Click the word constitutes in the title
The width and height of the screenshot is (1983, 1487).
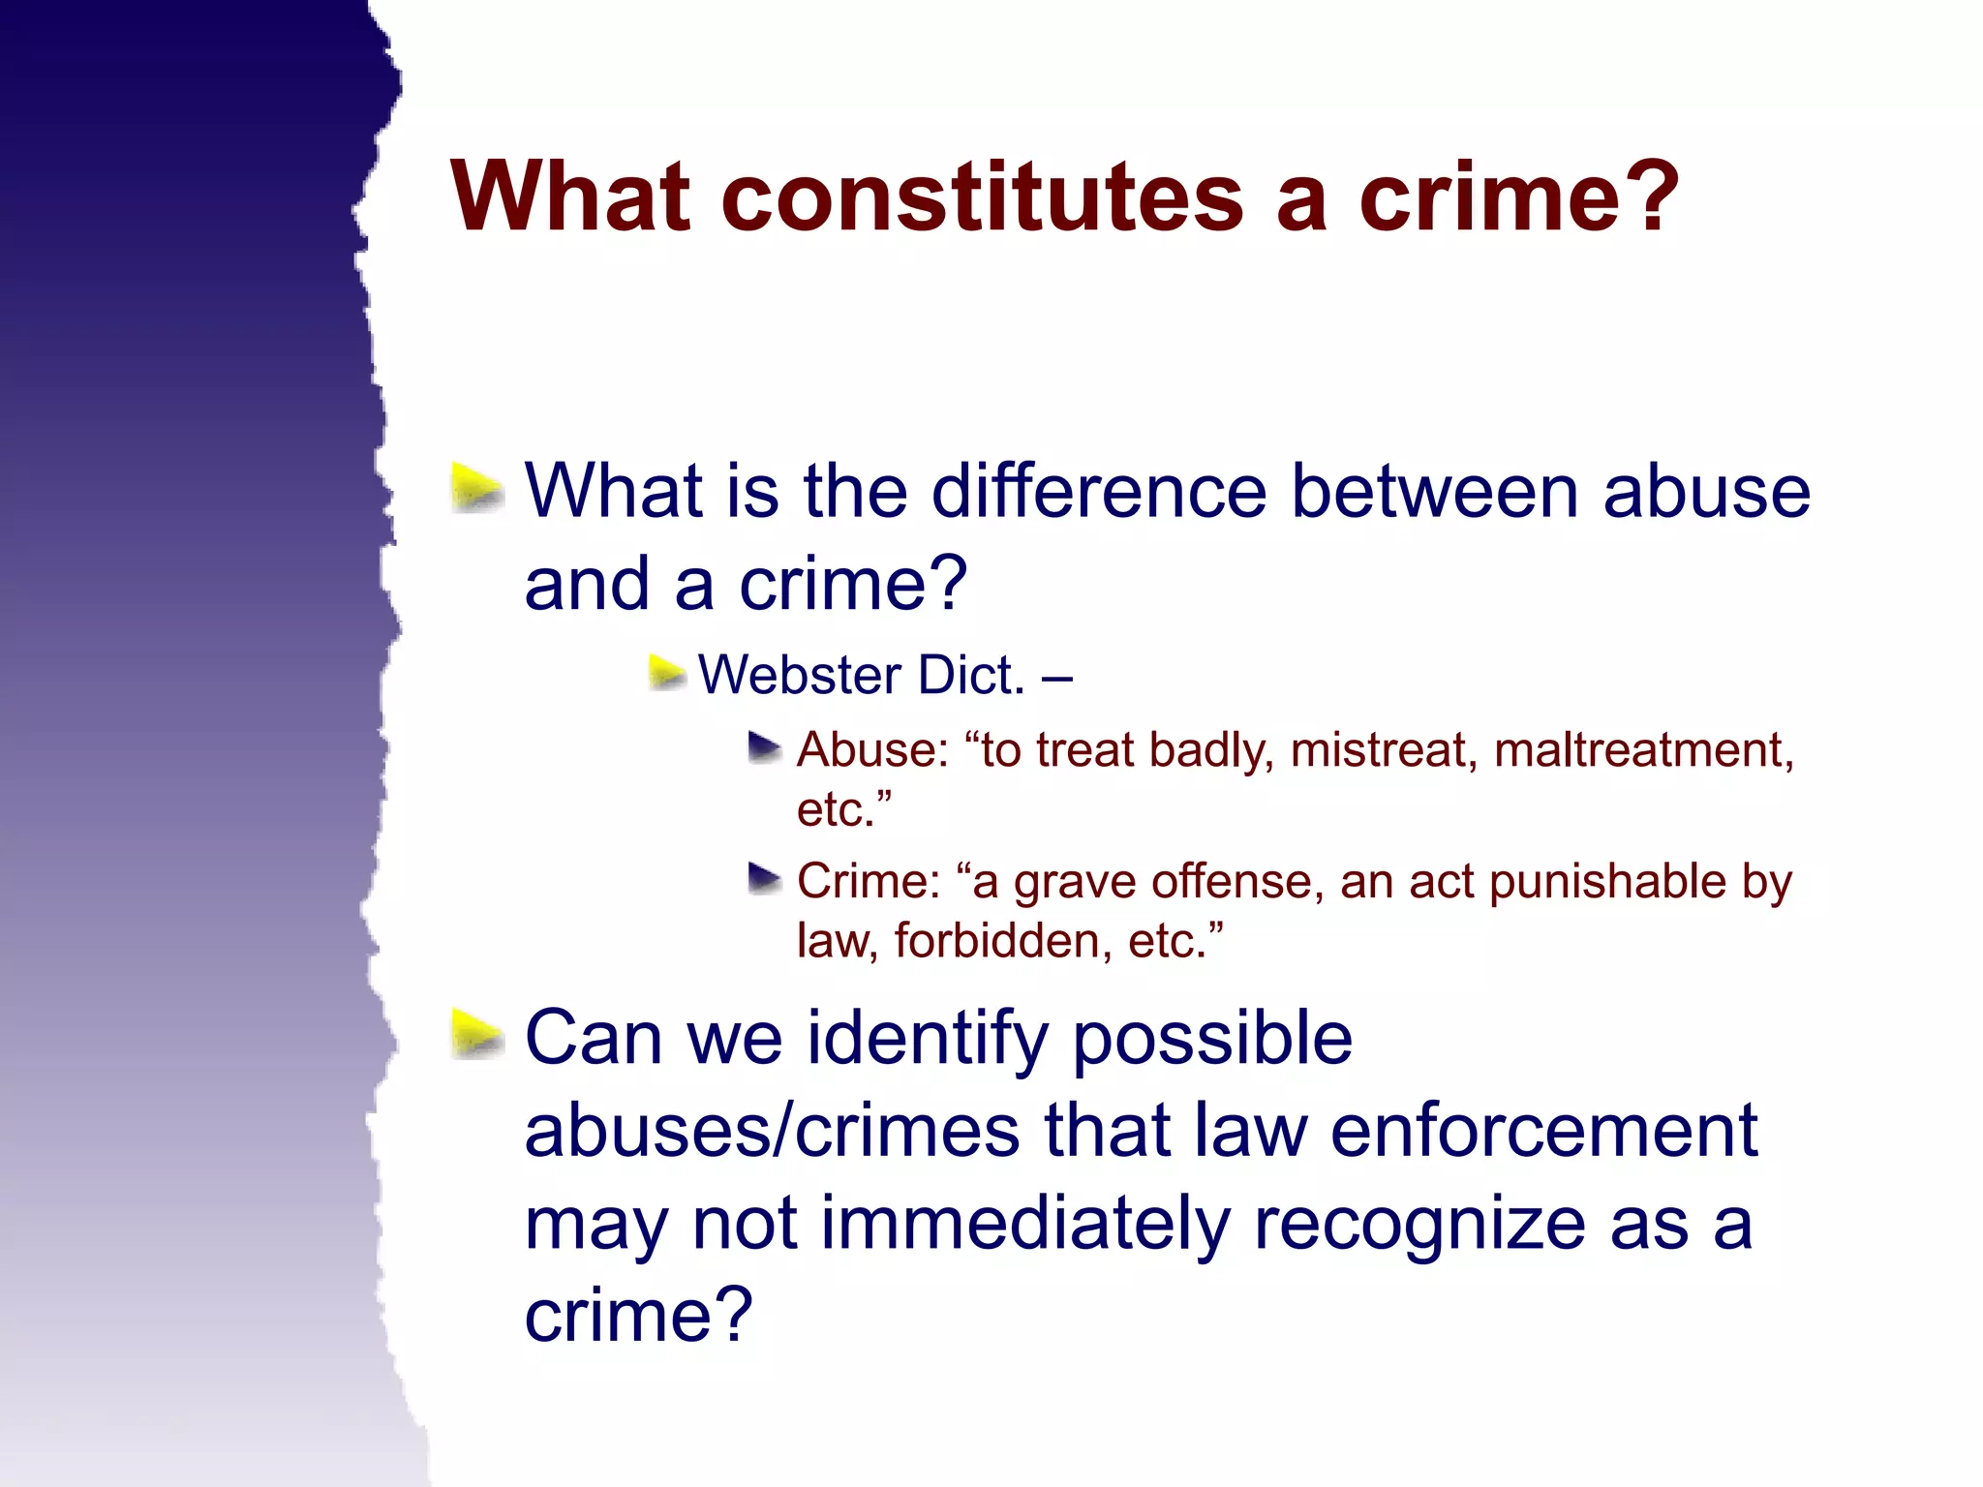[982, 197]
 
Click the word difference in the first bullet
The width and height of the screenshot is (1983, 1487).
[1099, 492]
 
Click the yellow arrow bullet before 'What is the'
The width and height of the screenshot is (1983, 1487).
[477, 488]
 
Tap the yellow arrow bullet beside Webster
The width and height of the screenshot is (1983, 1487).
[666, 672]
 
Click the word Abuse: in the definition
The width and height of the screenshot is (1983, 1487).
[872, 750]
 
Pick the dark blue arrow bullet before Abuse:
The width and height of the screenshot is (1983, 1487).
[765, 747]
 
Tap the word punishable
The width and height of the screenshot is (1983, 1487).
[1607, 883]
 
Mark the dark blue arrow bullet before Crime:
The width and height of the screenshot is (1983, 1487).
[765, 879]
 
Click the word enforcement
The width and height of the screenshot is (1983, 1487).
[1543, 1131]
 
